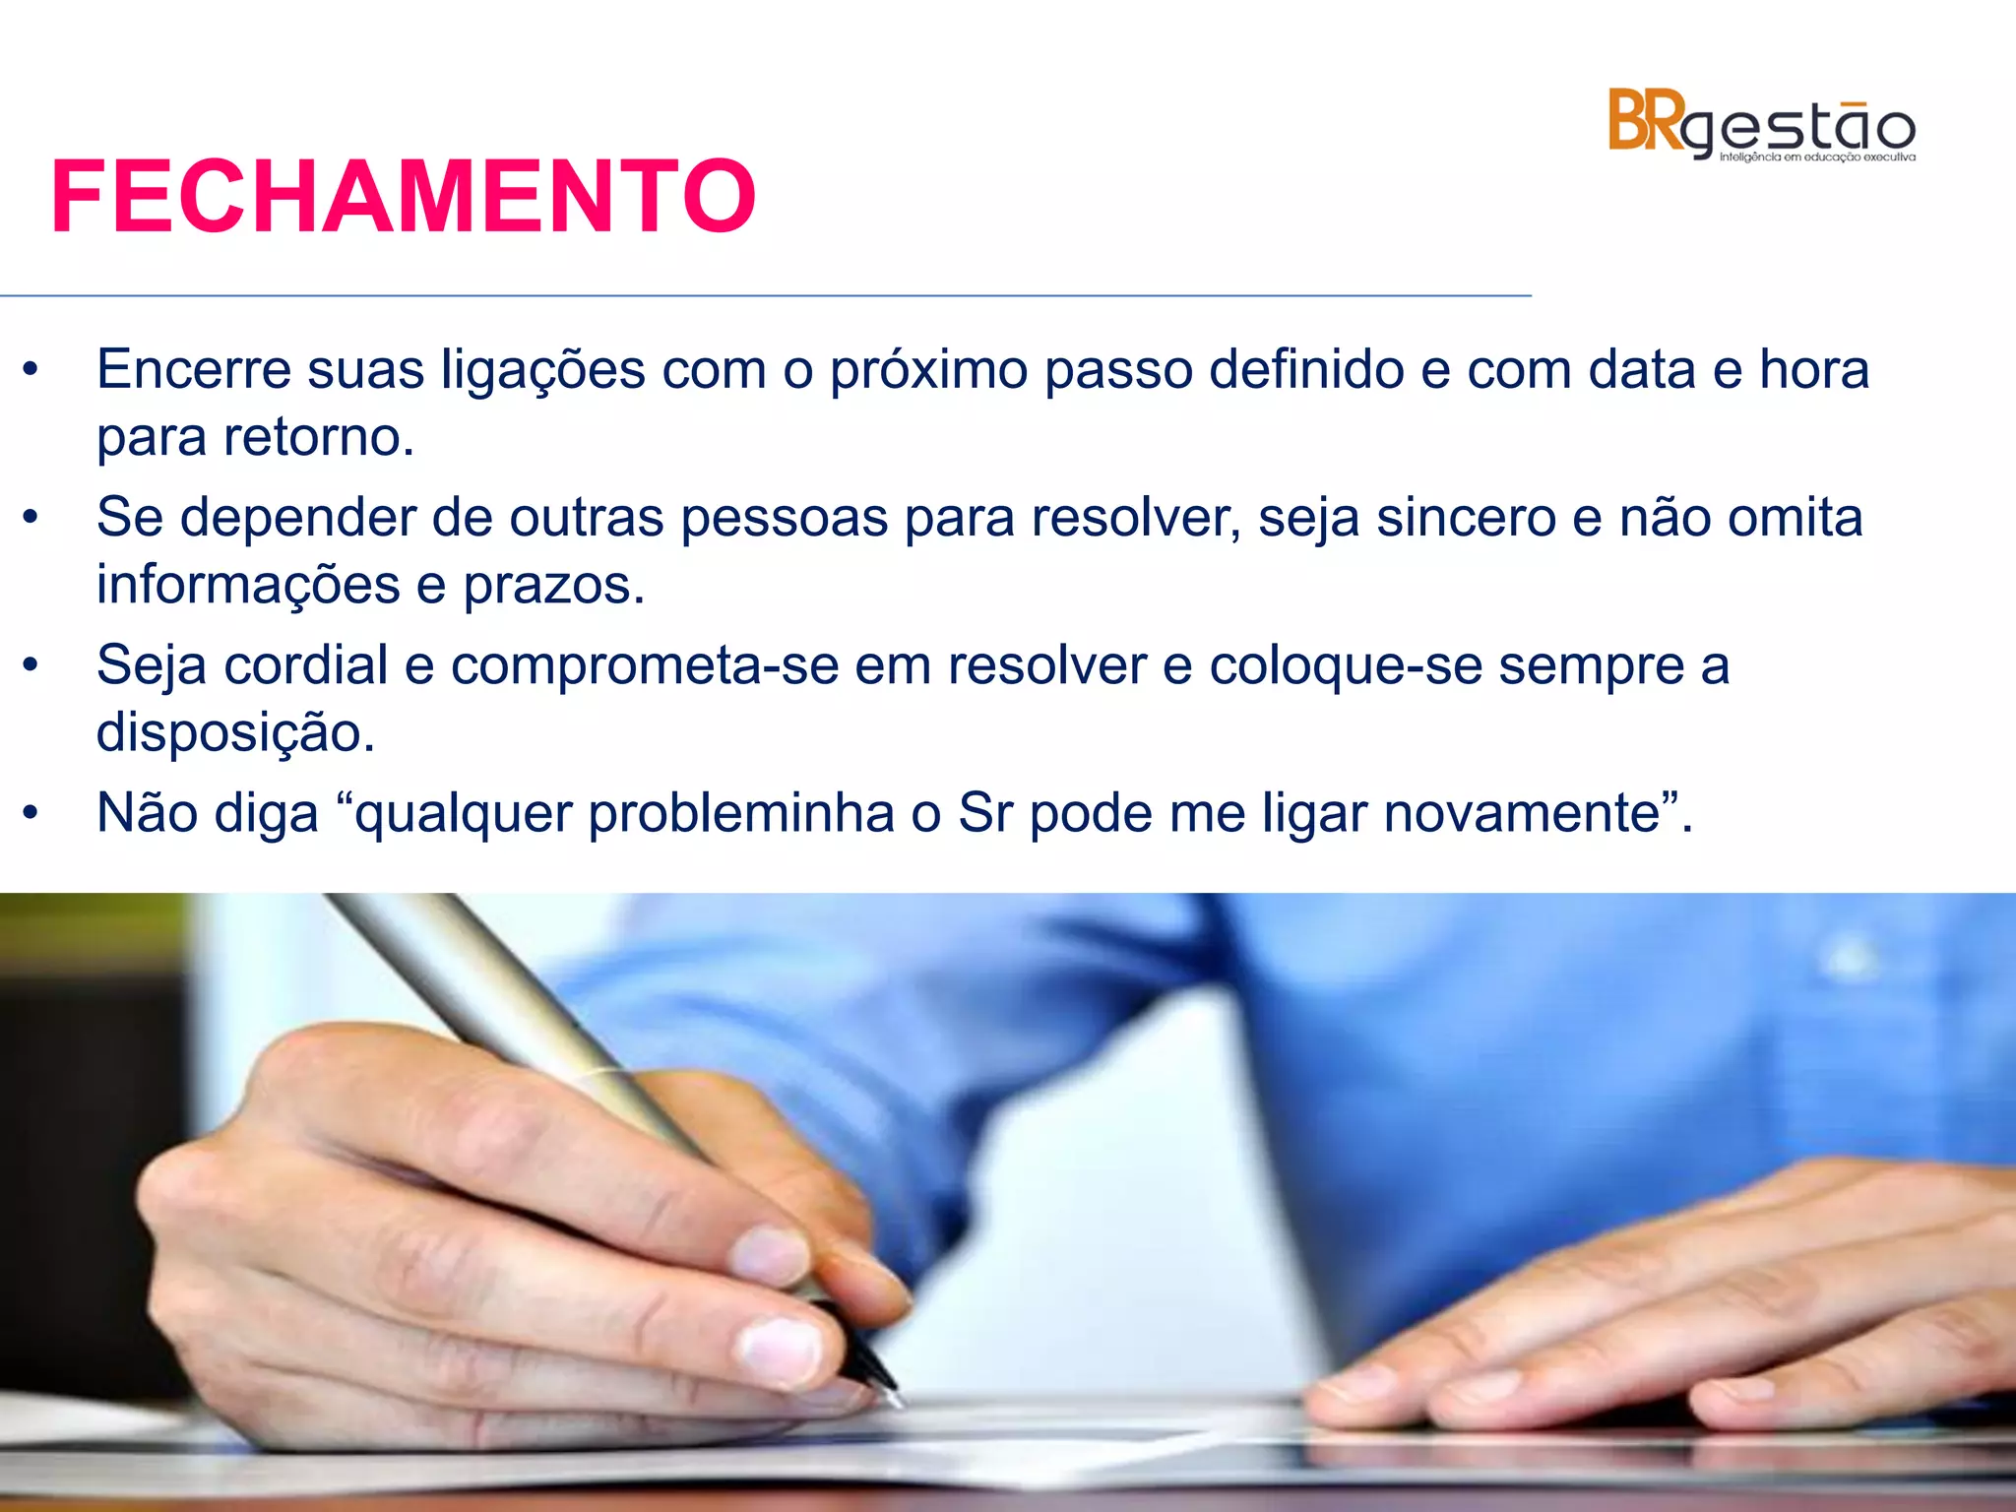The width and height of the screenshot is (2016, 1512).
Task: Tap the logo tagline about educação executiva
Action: (x=1817, y=157)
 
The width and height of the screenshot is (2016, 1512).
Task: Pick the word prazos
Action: (x=553, y=586)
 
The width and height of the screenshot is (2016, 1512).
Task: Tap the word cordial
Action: (x=306, y=664)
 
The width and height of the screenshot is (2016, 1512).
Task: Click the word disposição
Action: (x=234, y=733)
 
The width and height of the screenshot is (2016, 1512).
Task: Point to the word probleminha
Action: (x=741, y=814)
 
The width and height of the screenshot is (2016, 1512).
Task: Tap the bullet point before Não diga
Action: (x=31, y=813)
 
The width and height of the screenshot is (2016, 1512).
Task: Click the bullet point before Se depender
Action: (x=31, y=517)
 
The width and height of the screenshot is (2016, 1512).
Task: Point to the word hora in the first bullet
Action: (x=1813, y=370)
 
